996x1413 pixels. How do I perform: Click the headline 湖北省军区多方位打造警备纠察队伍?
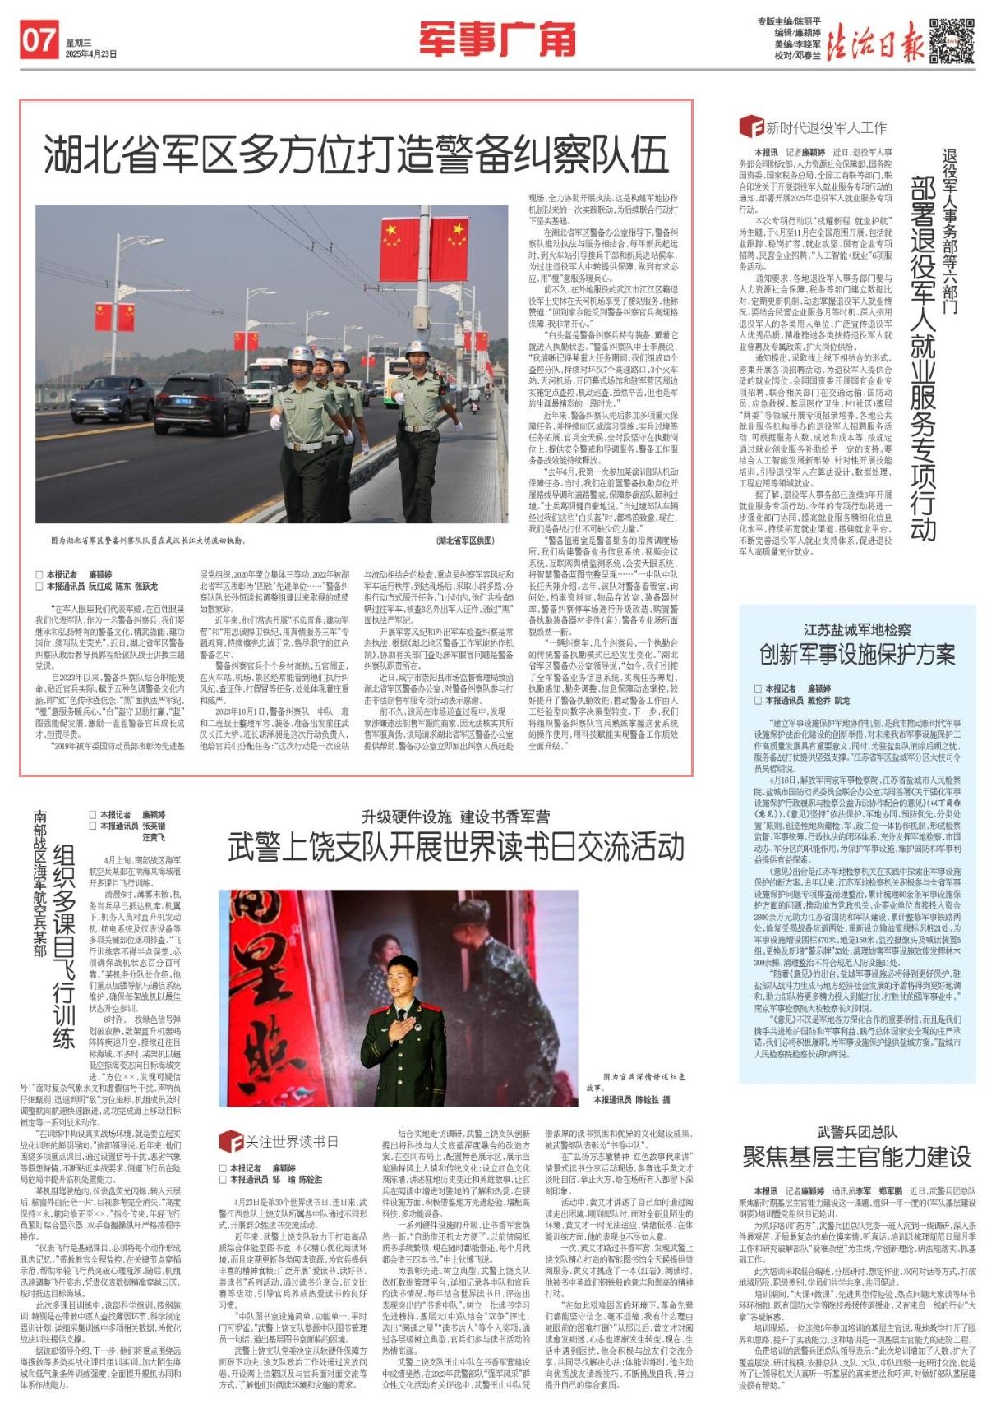(356, 154)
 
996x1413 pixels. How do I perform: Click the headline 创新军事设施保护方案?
(856, 654)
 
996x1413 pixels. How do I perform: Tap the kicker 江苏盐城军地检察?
(856, 629)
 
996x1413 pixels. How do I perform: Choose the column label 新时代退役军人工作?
(824, 127)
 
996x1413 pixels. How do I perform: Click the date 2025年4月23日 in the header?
(91, 54)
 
